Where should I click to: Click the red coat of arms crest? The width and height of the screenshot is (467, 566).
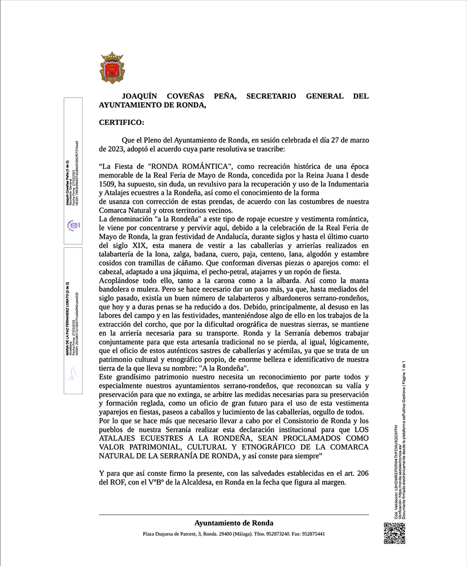(x=112, y=68)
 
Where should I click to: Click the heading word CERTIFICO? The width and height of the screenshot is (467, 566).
(x=121, y=122)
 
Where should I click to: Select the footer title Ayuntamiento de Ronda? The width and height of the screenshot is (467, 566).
(x=234, y=523)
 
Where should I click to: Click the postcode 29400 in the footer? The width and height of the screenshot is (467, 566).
(x=225, y=534)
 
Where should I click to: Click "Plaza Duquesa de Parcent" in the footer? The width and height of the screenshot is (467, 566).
(x=169, y=534)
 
